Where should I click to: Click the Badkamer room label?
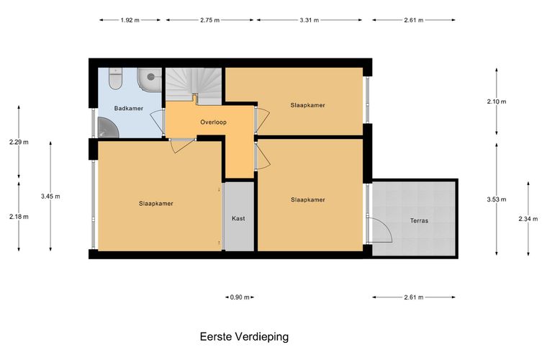[x=128, y=109]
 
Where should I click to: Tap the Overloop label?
[x=213, y=122]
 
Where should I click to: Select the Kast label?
[x=238, y=219]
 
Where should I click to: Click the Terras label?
[x=419, y=221]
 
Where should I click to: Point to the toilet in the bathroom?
[x=115, y=78]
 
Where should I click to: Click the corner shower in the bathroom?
[x=108, y=127]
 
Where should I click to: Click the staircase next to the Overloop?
[x=194, y=86]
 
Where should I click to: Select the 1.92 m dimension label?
[x=130, y=20]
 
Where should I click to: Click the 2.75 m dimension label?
[x=209, y=20]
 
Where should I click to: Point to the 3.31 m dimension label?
[x=309, y=20]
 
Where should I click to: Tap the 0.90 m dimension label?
[x=240, y=297]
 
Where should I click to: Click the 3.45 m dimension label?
[x=50, y=197]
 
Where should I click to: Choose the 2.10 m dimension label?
[x=497, y=102]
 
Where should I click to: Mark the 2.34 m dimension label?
[x=528, y=219]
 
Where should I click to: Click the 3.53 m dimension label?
[x=497, y=199]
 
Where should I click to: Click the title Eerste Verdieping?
[x=244, y=337]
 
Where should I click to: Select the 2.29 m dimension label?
[x=19, y=143]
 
